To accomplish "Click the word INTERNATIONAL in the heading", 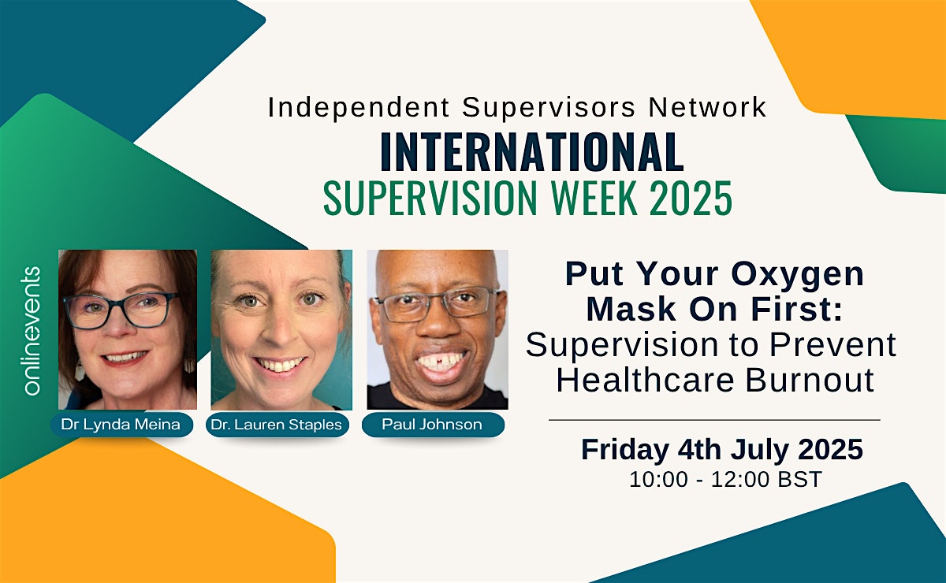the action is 531,152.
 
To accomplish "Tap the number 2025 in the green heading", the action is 691,198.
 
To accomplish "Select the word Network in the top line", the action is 707,107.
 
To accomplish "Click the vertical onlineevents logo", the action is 32,331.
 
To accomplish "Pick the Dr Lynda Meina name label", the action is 121,425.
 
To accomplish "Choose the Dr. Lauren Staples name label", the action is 277,425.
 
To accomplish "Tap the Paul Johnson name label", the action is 433,425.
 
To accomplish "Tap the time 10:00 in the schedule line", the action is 658,480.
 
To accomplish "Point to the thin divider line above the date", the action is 714,420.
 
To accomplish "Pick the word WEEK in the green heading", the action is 594,198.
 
